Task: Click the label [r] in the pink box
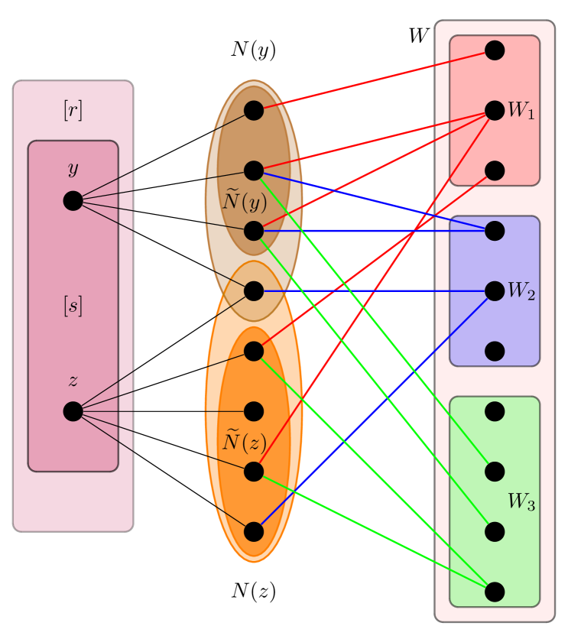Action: pos(73,111)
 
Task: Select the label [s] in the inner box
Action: pos(73,307)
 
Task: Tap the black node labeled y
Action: pos(73,201)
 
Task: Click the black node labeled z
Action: pos(73,411)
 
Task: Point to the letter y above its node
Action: pos(73,168)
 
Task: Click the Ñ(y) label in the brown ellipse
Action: pos(244,202)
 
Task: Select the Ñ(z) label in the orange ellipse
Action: pos(244,442)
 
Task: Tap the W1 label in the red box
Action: pos(521,111)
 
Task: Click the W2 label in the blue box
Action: pos(521,291)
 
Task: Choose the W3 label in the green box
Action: pos(521,502)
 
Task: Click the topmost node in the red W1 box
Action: pos(495,50)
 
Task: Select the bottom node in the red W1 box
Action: pos(495,170)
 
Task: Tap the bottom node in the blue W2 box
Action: pos(495,351)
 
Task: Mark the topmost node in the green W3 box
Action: pos(495,411)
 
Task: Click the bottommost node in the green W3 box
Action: pos(495,592)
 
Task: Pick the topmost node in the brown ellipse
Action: pos(254,111)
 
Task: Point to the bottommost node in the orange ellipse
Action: pos(254,532)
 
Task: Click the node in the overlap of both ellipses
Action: pos(254,291)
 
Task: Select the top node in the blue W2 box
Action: pos(495,231)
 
